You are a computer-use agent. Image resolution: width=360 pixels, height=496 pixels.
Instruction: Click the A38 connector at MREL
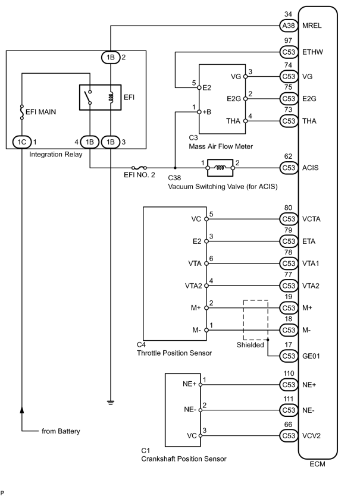289,26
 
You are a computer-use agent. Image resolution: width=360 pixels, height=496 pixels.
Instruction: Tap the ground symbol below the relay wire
111,403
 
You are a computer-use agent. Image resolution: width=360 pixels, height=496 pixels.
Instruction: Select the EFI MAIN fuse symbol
22,112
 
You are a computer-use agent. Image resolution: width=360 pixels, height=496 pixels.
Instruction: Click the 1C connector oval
22,142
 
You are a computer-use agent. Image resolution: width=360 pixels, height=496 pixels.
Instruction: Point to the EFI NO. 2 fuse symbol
139,168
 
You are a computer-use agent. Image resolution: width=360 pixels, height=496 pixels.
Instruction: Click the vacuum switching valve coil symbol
220,168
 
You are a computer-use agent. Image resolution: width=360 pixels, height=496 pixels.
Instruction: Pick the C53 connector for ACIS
289,168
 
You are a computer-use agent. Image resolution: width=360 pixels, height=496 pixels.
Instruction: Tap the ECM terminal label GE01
311,356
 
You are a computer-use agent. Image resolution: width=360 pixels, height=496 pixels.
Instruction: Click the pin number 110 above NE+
289,373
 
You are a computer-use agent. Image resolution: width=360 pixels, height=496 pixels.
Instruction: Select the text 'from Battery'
61,431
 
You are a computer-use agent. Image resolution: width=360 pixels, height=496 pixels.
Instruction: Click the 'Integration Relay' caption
56,155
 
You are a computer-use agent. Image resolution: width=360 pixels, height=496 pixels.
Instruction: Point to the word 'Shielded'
250,345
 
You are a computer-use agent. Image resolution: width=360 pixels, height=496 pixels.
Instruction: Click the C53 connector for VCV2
289,435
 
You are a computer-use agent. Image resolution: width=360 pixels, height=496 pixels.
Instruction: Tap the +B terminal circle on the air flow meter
199,112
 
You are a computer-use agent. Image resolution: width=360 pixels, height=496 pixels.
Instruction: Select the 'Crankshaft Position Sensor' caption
184,459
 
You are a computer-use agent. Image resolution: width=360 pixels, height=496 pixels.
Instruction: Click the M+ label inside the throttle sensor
196,308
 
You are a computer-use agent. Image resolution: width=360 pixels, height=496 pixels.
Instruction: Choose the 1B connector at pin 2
111,57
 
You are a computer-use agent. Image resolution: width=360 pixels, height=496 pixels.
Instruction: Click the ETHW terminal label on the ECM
312,52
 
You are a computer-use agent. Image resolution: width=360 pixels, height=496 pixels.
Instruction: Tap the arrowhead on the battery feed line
22,410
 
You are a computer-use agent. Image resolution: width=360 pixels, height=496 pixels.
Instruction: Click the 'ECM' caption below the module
317,464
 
